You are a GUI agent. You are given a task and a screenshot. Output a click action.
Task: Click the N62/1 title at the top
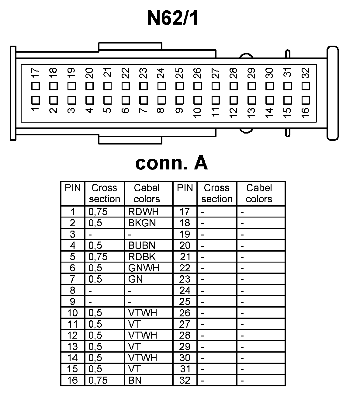172,18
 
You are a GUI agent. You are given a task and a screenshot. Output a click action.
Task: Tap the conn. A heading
171,163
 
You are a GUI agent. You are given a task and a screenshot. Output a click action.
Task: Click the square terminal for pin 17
36,86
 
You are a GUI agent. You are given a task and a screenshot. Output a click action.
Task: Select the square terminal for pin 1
36,100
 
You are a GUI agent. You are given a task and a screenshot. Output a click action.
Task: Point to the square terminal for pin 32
306,86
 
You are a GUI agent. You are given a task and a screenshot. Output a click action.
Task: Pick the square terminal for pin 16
306,100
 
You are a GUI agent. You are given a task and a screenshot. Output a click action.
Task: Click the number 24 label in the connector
161,73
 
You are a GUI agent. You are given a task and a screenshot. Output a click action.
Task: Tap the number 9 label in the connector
179,110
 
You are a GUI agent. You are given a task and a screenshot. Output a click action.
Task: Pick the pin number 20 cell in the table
185,246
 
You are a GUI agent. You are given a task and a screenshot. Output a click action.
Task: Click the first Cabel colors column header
147,193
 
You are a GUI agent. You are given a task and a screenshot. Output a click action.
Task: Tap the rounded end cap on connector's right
332,93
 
